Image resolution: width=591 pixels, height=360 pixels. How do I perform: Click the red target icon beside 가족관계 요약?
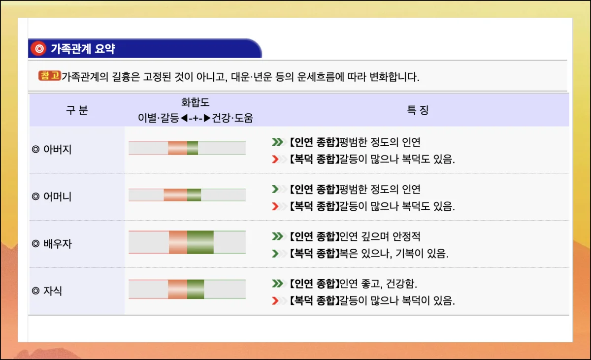38,48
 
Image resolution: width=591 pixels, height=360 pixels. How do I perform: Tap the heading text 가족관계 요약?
83,49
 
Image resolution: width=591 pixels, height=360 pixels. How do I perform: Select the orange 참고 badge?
49,76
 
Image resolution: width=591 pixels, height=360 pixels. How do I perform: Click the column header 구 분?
76,110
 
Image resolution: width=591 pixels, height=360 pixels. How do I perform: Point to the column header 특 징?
418,110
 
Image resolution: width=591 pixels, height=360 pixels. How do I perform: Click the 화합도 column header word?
196,102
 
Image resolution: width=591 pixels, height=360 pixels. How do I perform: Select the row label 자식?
53,291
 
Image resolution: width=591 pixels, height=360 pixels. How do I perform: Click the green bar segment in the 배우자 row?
200,242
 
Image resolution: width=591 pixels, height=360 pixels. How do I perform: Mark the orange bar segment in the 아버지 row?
177,148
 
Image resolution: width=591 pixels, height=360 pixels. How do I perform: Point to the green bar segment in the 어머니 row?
194,195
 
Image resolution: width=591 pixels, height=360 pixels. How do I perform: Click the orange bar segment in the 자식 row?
177,289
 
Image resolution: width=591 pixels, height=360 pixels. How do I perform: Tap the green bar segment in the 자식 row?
196,289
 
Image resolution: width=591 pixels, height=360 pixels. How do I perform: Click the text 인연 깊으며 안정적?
380,237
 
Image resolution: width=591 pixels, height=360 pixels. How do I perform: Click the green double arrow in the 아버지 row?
278,142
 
